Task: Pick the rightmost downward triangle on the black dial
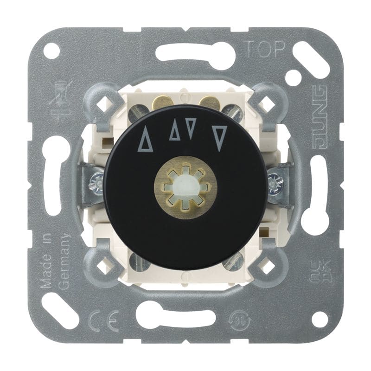220,138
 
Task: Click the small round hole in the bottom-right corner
319,319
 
